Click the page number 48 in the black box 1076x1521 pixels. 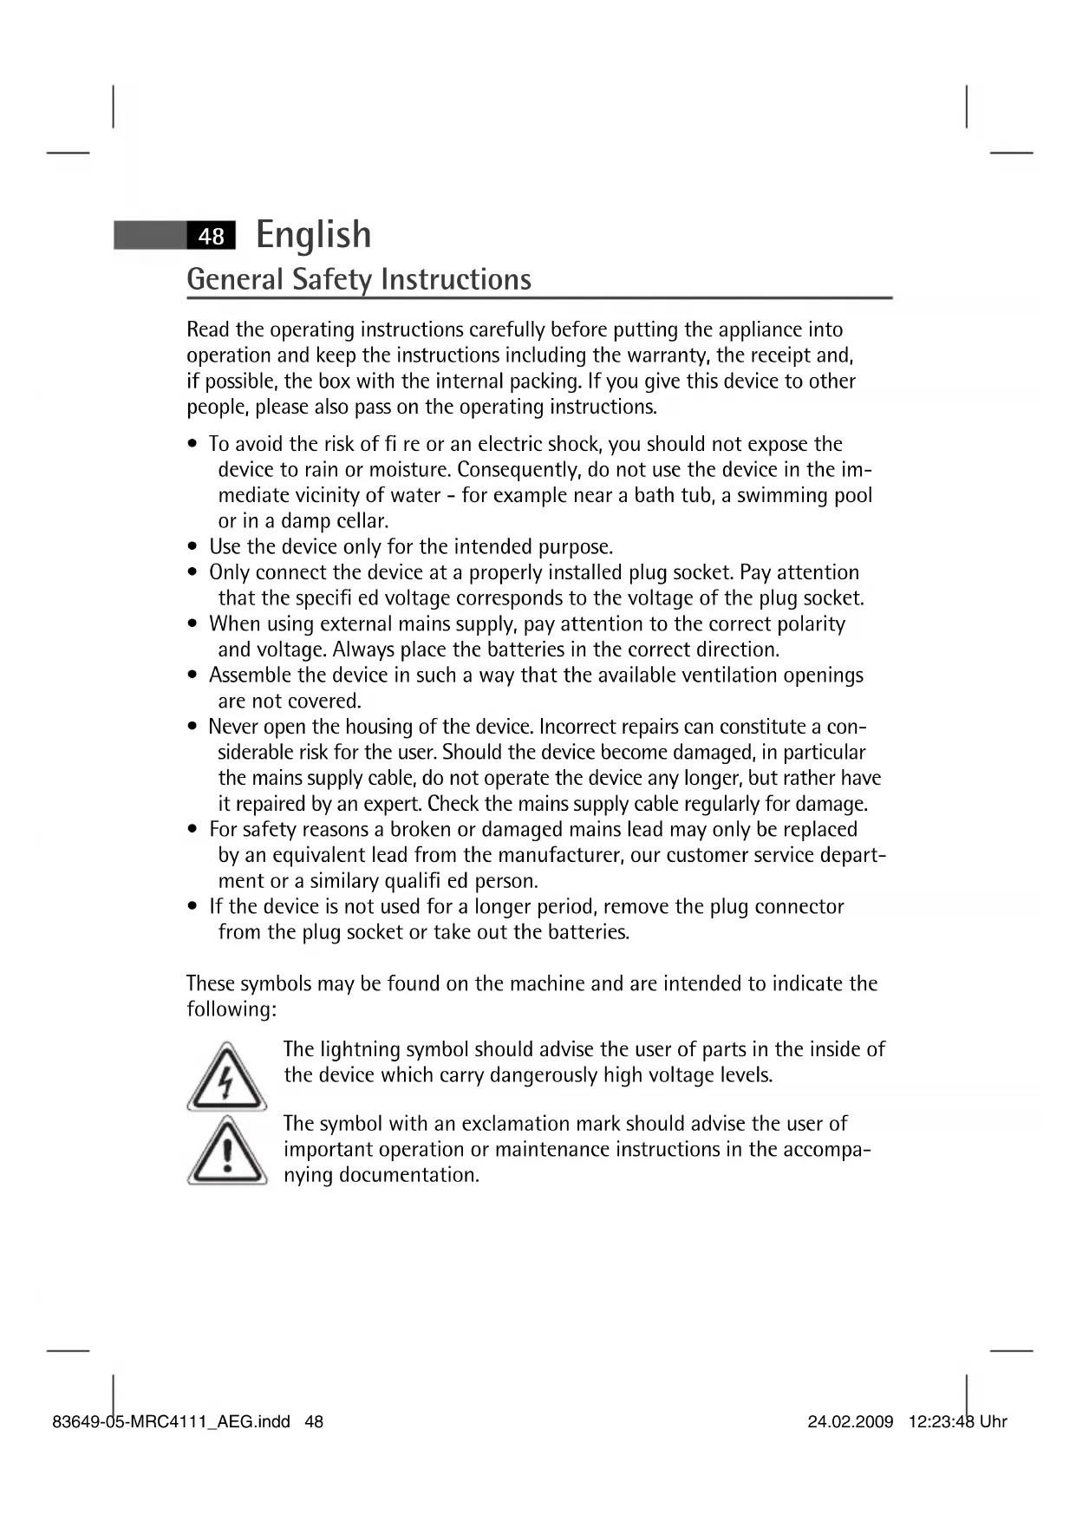211,236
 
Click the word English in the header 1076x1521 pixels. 314,235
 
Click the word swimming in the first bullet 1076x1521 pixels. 781,495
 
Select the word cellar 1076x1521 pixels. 362,521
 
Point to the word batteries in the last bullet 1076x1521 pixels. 586,933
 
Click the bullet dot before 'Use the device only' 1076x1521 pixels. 193,547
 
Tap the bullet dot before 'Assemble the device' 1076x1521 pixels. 193,676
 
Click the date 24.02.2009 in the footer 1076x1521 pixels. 850,1422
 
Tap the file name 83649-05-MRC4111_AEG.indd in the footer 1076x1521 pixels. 171,1422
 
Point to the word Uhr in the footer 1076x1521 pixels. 994,1422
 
